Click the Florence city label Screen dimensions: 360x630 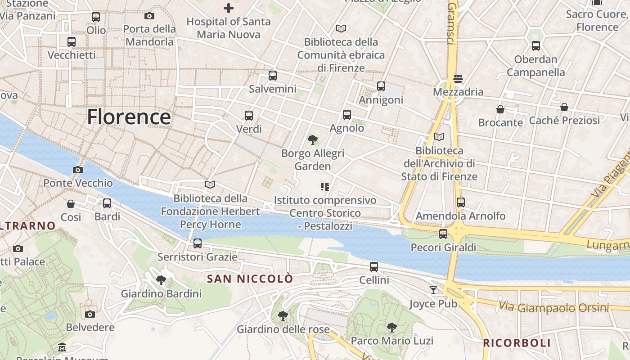129,117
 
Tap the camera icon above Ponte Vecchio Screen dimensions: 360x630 77,170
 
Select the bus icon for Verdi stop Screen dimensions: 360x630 249,115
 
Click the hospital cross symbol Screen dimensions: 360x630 229,8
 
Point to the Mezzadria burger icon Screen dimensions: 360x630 458,79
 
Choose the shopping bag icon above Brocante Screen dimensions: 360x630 500,109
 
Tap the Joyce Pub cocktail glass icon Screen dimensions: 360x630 433,290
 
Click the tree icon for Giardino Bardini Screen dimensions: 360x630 161,280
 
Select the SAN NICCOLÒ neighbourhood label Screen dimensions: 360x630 250,279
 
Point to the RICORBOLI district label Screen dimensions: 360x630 517,343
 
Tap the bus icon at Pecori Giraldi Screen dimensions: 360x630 443,234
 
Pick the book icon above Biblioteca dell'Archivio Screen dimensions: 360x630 439,137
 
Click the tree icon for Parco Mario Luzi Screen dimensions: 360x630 392,327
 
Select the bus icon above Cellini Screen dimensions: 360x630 374,267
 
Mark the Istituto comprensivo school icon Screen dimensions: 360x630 325,186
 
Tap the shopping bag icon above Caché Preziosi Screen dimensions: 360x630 564,107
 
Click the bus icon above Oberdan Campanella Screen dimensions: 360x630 535,45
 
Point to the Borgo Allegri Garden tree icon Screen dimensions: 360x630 312,140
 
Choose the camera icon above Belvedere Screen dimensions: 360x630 90,314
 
